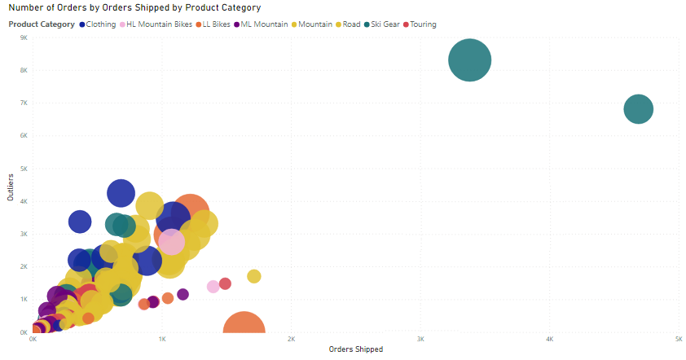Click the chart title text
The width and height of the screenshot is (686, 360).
[134, 7]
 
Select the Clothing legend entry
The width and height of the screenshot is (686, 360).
[100, 24]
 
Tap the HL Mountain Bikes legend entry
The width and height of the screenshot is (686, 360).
[159, 24]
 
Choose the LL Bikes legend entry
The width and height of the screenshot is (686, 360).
[214, 24]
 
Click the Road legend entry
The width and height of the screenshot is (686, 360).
[351, 24]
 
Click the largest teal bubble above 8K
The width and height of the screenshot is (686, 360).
[470, 60]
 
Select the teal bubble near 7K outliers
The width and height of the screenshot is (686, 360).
[639, 109]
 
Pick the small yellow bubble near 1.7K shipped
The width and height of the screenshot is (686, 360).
[254, 277]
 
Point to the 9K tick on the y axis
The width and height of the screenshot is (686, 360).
[23, 38]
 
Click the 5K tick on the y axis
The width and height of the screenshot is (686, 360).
[23, 169]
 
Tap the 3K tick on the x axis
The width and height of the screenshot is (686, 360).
[421, 339]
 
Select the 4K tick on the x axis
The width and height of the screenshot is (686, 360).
[550, 339]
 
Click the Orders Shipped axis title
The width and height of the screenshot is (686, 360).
[355, 349]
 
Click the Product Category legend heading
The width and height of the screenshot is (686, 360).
[42, 24]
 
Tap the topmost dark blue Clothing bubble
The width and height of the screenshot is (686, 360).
[121, 193]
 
